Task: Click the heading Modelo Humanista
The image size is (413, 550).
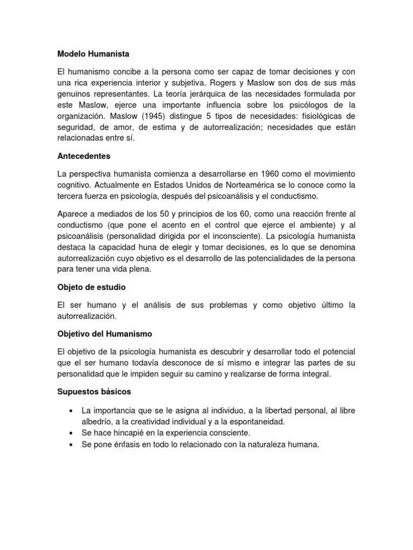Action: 94,54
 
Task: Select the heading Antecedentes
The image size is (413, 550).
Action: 84,156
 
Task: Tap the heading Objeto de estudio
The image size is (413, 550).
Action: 91,287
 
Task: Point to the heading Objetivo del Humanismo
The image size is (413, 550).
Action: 105,334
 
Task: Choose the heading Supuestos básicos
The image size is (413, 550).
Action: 94,392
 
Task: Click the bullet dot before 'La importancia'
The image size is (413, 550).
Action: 72,410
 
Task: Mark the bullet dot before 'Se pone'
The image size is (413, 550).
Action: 72,444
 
